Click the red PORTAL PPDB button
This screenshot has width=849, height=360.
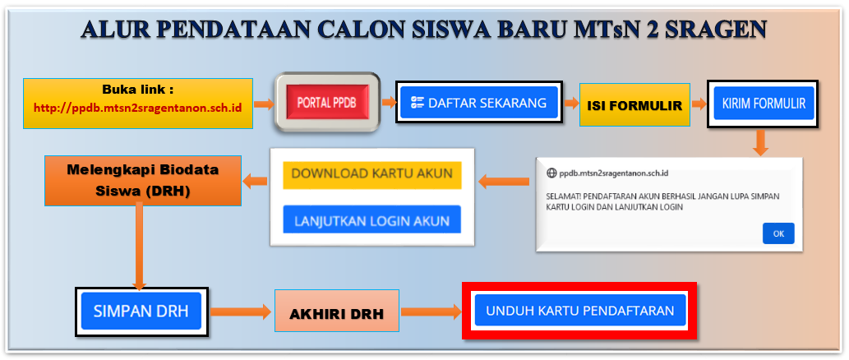point(326,103)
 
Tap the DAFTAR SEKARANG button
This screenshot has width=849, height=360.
point(479,102)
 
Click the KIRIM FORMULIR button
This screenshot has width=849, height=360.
point(764,103)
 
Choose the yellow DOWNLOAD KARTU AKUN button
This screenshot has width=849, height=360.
point(372,175)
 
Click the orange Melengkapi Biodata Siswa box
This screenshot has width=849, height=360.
point(143,181)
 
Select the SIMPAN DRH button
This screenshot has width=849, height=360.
point(141,312)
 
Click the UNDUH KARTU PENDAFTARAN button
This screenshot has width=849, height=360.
point(580,311)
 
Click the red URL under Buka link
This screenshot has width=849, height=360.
point(137,107)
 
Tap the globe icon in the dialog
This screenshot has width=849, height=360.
point(551,173)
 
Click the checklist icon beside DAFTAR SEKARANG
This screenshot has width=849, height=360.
point(417,102)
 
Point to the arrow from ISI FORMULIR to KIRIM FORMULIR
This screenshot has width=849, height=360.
point(699,104)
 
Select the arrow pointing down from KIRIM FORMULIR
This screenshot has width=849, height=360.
point(761,143)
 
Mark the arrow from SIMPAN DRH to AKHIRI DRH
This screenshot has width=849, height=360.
point(240,312)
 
